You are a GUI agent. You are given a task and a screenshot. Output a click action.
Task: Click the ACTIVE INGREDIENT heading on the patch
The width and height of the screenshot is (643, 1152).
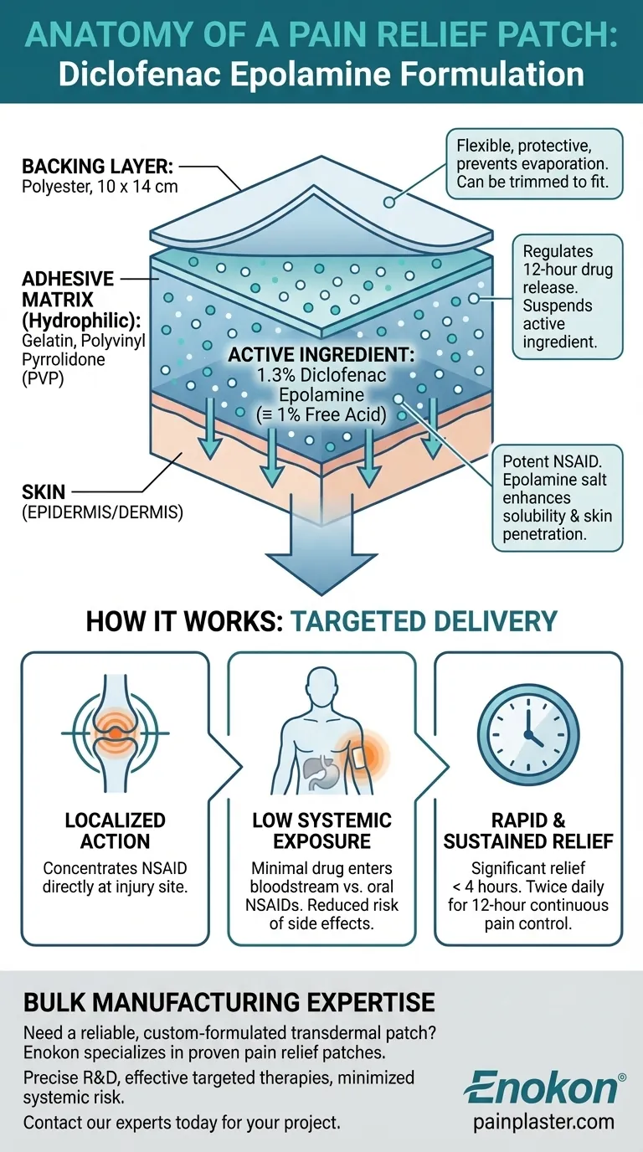(x=307, y=354)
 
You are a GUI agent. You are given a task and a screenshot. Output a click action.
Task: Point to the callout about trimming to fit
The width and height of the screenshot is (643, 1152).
(x=534, y=163)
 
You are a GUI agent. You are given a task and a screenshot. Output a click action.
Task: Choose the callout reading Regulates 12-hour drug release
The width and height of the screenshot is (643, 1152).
(x=567, y=296)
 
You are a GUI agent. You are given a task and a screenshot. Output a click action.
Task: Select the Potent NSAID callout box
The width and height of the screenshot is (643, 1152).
(x=557, y=497)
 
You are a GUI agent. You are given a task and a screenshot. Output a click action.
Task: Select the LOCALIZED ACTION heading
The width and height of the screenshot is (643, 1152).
(x=116, y=831)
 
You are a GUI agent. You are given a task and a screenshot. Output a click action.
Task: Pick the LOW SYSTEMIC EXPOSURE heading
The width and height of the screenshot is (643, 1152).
(x=321, y=831)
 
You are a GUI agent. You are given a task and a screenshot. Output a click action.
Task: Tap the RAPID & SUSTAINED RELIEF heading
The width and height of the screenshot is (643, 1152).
(x=527, y=831)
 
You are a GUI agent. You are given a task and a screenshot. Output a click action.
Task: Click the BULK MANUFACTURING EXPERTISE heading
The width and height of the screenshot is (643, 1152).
(x=229, y=1002)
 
